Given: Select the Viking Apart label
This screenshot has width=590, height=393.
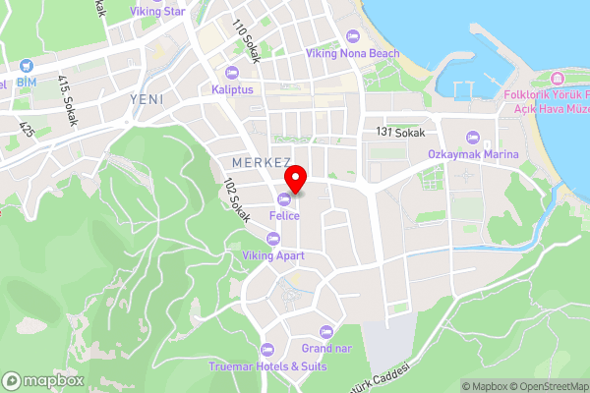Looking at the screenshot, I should point(273,255).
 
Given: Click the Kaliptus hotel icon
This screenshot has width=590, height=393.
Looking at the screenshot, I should point(232,72).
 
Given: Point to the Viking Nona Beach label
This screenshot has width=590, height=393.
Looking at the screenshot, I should point(352,52).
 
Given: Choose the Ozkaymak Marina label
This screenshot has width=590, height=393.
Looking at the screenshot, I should point(473,153).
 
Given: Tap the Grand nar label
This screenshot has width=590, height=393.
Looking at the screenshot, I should point(326,348).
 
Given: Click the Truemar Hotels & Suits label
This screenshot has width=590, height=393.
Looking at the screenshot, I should point(266,366).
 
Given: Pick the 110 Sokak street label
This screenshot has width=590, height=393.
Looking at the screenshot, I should point(245,41).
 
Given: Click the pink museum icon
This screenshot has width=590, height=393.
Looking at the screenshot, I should point(557,78).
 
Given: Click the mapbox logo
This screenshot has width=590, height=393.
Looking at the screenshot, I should point(43,380).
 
